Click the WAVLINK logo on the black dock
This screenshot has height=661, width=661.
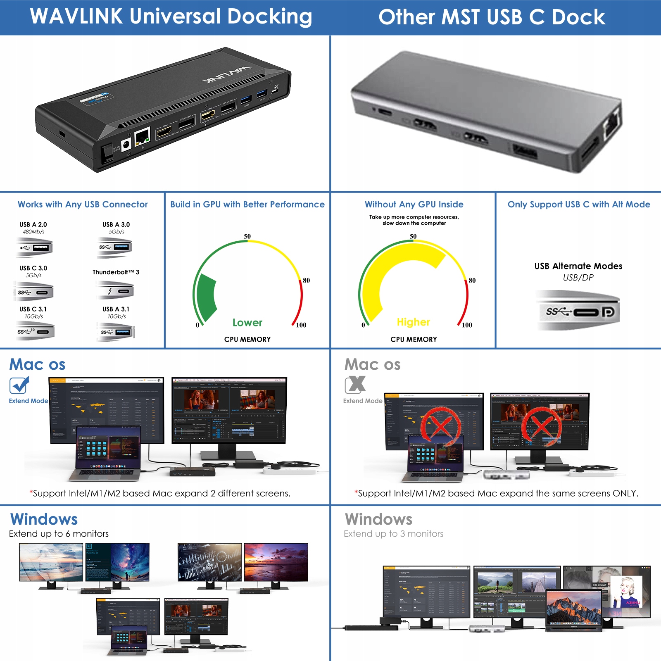pyautogui.click(x=227, y=73)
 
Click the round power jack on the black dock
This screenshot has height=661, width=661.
pyautogui.click(x=126, y=144)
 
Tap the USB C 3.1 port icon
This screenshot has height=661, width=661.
pyautogui.click(x=35, y=331)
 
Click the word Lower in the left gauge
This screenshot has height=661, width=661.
pyautogui.click(x=247, y=323)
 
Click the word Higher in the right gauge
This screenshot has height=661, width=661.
pyautogui.click(x=413, y=322)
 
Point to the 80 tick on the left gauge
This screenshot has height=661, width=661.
pyautogui.click(x=306, y=281)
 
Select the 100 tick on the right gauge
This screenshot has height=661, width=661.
pyautogui.click(x=467, y=325)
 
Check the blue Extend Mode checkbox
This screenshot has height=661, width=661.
pyautogui.click(x=19, y=385)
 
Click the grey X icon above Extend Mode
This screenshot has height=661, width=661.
pyautogui.click(x=355, y=385)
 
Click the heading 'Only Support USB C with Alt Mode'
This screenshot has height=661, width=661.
pyautogui.click(x=578, y=204)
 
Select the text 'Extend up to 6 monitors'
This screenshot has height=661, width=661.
pyautogui.click(x=59, y=534)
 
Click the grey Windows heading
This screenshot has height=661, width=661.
pyautogui.click(x=378, y=519)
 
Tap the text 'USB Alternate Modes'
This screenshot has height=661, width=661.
pyautogui.click(x=578, y=266)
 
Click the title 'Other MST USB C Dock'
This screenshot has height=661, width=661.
pyautogui.click(x=492, y=17)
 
